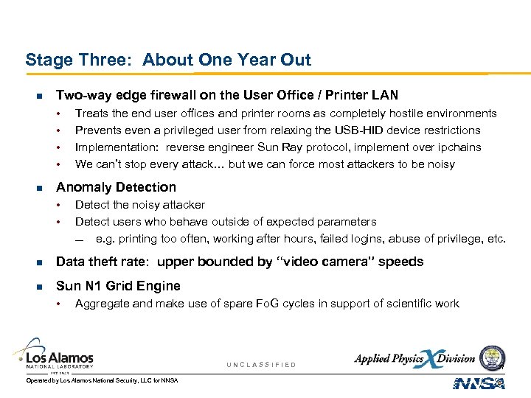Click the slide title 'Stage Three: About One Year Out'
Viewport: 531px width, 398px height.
click(x=168, y=60)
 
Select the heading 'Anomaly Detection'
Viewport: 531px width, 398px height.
click(x=116, y=187)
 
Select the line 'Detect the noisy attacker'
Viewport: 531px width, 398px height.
click(x=140, y=205)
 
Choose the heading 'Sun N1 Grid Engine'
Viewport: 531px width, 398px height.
click(x=118, y=286)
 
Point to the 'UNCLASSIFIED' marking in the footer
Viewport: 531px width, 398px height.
click(x=261, y=365)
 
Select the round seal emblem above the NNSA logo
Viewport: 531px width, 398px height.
click(x=492, y=357)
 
